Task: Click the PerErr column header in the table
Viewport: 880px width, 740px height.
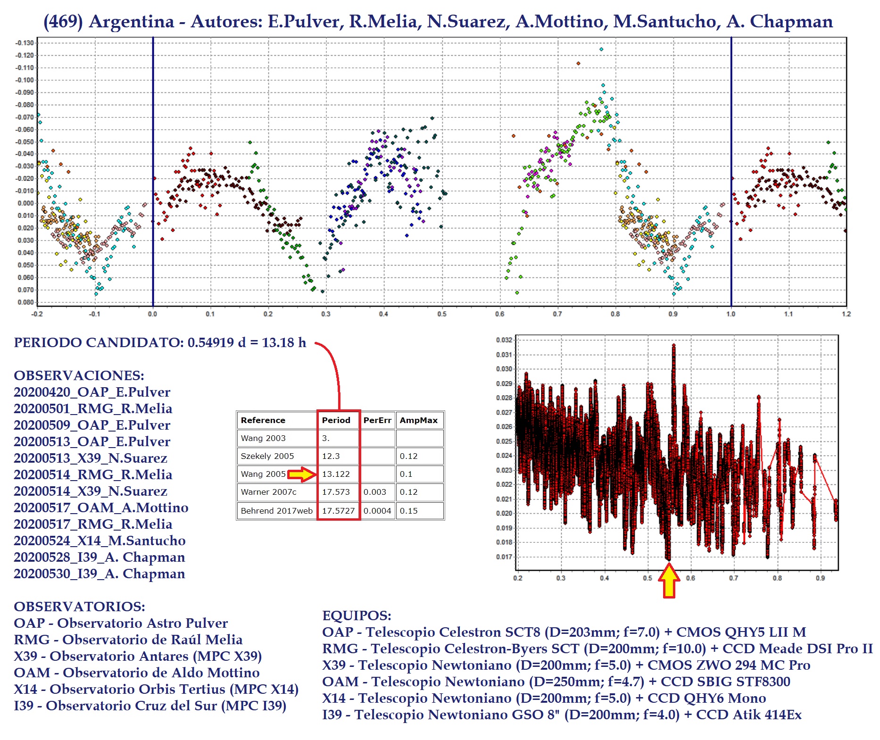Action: [377, 420]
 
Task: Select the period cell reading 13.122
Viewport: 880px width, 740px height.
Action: [336, 474]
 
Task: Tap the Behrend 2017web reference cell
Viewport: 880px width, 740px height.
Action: [276, 511]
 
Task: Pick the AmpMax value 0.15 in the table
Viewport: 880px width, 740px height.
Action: [408, 511]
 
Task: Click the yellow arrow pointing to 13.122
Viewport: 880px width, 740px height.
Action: [302, 474]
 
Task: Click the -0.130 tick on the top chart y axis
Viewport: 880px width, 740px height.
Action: [25, 43]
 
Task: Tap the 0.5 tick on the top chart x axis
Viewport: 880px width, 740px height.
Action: [441, 314]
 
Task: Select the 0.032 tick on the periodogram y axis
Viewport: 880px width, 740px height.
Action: [504, 340]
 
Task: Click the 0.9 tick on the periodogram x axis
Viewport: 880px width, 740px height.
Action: [820, 578]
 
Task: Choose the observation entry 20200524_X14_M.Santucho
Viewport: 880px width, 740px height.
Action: [100, 540]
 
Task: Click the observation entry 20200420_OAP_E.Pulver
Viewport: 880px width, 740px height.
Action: [92, 392]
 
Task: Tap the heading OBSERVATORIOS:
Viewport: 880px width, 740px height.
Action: [79, 607]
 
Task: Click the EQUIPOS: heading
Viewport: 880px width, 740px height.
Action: [357, 615]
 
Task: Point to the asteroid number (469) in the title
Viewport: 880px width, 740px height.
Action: [63, 22]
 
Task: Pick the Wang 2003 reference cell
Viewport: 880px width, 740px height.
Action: [263, 438]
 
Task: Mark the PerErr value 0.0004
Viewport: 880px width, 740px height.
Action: [377, 511]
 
